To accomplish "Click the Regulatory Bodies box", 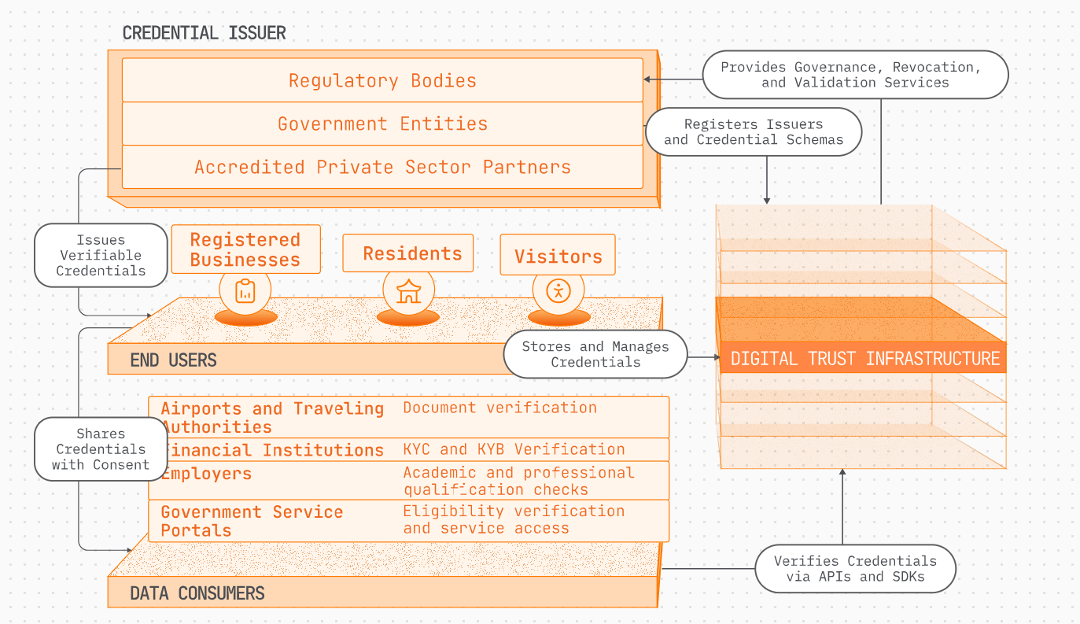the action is pos(382,80).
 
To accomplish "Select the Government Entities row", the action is pos(382,124).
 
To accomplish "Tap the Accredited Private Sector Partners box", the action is pos(382,167).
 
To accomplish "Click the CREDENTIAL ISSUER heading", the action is pos(204,33).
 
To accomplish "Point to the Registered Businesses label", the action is pos(246,249).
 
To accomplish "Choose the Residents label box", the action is pos(408,253).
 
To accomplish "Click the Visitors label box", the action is pos(558,255).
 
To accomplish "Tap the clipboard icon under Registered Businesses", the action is pos(245,291).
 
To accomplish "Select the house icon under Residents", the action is pos(409,291).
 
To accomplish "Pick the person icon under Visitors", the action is pos(558,291).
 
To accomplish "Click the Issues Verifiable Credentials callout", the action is pos(101,255).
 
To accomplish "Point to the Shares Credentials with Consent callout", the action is pos(101,449).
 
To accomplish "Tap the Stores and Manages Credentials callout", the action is pos(595,354).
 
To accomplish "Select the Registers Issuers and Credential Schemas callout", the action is pos(754,131).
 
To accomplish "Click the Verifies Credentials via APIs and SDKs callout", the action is pos(855,569).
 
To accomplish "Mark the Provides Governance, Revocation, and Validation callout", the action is pos(855,75).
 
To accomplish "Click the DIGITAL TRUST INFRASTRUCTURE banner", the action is pos(863,358).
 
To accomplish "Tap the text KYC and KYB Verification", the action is pos(514,449).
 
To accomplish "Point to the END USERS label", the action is pos(174,360).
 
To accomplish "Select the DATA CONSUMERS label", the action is pos(197,593).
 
